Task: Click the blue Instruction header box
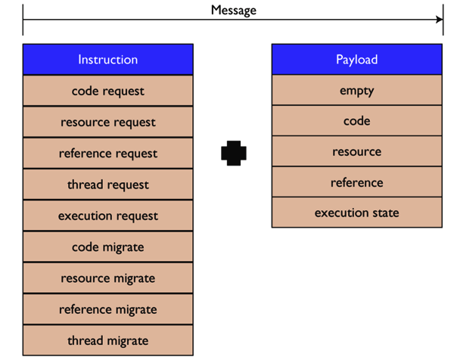[x=108, y=60]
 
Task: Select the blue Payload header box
[x=357, y=59]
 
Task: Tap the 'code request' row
[x=108, y=91]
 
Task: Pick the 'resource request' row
[x=108, y=122]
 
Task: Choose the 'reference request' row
[x=108, y=153]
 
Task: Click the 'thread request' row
[x=108, y=185]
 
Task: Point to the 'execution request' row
[x=108, y=216]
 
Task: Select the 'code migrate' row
[x=108, y=247]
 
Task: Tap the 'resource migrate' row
[x=108, y=278]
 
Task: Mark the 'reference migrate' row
[x=108, y=309]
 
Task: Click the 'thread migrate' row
[x=108, y=340]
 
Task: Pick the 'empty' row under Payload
[x=357, y=90]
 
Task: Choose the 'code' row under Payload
[x=357, y=121]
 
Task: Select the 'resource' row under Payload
[x=357, y=151]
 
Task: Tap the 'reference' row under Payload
[x=357, y=182]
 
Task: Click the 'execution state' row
[x=357, y=213]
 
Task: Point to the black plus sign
[x=234, y=153]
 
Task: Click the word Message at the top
[x=234, y=10]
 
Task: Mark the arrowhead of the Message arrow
[x=440, y=20]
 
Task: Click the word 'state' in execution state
[x=386, y=213]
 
